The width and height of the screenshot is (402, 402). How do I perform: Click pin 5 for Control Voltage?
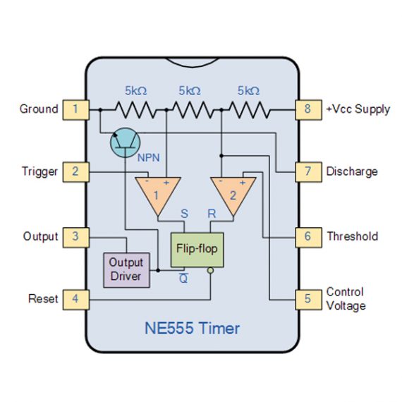tap(307, 299)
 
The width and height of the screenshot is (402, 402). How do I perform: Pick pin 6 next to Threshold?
tap(307, 236)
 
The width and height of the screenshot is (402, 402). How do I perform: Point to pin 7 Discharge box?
tap(307, 171)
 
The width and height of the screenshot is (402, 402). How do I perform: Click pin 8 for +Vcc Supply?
tap(307, 109)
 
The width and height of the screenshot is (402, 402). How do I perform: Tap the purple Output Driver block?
tap(126, 269)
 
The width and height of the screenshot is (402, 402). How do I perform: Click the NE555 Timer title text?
tap(192, 328)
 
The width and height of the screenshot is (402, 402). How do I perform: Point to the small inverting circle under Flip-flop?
tap(210, 270)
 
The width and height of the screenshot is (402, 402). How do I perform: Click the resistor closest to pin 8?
tap(248, 109)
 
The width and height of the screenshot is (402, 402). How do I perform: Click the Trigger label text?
tap(39, 171)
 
